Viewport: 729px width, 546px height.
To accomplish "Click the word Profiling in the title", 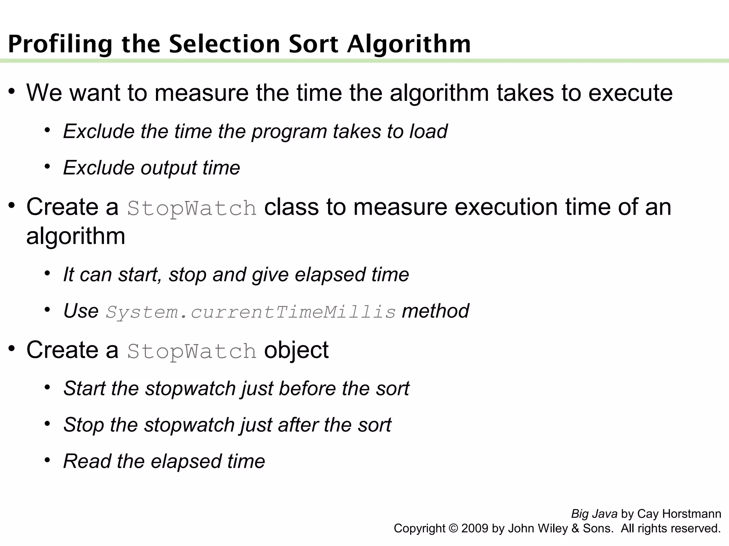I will pos(60,44).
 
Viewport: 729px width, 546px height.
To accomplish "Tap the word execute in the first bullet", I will pos(630,93).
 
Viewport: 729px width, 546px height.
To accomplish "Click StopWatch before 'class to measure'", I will pos(192,208).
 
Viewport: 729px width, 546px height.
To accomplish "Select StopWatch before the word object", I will pos(192,351).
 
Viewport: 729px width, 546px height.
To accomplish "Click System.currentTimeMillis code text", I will pos(251,312).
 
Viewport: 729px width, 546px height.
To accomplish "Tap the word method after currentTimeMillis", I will pos(435,311).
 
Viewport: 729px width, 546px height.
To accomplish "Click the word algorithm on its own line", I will pos(75,236).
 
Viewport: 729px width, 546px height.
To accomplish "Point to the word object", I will pos(296,350).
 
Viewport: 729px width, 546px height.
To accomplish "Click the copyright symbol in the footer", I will pos(453,528).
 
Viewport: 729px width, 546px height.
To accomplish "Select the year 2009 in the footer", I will pos(474,528).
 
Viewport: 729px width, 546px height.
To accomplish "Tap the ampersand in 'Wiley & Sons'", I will pos(575,528).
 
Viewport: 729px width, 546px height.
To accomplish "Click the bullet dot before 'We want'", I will pos(12,91).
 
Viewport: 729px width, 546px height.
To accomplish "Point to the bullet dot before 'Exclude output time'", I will pos(47,166).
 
